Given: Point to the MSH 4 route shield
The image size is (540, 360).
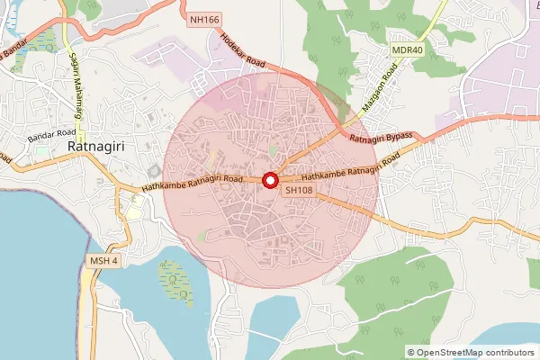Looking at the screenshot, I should click(x=103, y=261).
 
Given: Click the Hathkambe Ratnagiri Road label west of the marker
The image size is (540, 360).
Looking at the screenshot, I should click(x=193, y=183).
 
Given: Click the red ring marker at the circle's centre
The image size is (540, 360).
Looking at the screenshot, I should click(x=269, y=181).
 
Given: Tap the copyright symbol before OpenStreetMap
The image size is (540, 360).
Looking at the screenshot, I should click(x=410, y=353).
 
